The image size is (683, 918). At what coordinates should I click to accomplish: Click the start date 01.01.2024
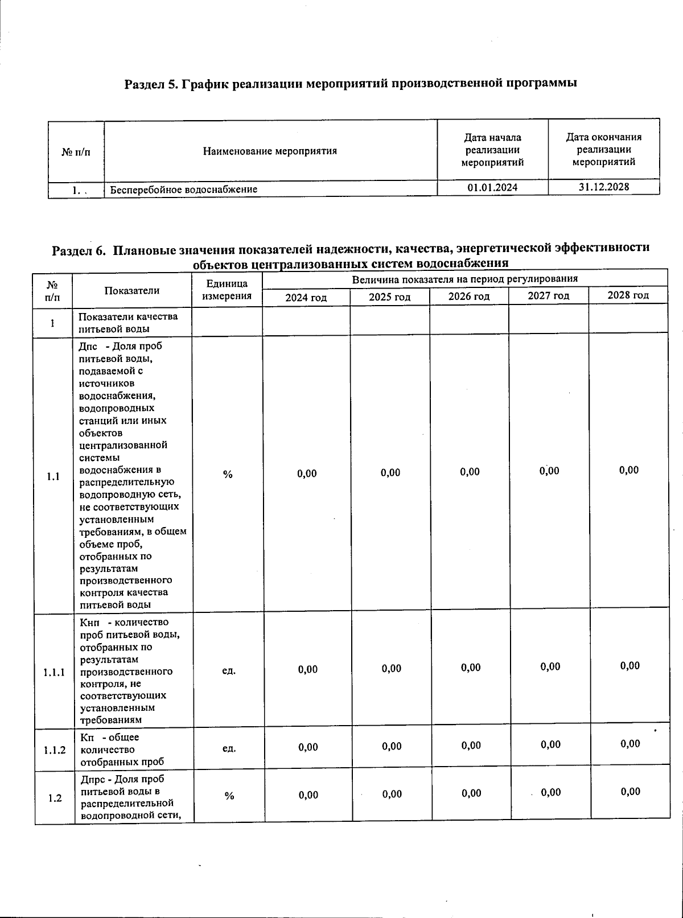(x=492, y=187)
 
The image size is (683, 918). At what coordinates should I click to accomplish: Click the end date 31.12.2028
(x=604, y=187)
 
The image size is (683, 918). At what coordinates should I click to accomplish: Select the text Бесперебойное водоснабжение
(x=183, y=189)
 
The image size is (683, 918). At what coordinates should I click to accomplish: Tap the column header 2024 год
(x=306, y=297)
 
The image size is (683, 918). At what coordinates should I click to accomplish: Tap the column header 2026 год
(x=469, y=297)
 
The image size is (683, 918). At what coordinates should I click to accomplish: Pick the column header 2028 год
(x=628, y=295)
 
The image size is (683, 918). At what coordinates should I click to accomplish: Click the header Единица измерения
(x=227, y=290)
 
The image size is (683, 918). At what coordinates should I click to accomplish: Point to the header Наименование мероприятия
(x=270, y=151)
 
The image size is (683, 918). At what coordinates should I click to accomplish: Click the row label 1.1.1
(x=55, y=672)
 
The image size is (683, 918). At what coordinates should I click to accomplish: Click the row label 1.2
(x=55, y=798)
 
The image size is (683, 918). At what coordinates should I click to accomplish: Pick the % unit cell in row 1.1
(x=228, y=474)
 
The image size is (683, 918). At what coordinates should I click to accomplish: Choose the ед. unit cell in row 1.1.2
(x=228, y=748)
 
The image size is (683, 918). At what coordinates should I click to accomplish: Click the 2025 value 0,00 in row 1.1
(x=390, y=473)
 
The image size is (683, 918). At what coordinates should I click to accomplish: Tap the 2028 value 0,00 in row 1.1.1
(x=630, y=666)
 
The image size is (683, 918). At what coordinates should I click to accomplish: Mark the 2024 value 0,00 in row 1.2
(x=308, y=795)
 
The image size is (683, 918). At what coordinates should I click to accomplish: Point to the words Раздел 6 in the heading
(x=79, y=250)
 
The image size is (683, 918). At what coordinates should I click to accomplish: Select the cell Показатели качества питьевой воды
(x=128, y=322)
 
